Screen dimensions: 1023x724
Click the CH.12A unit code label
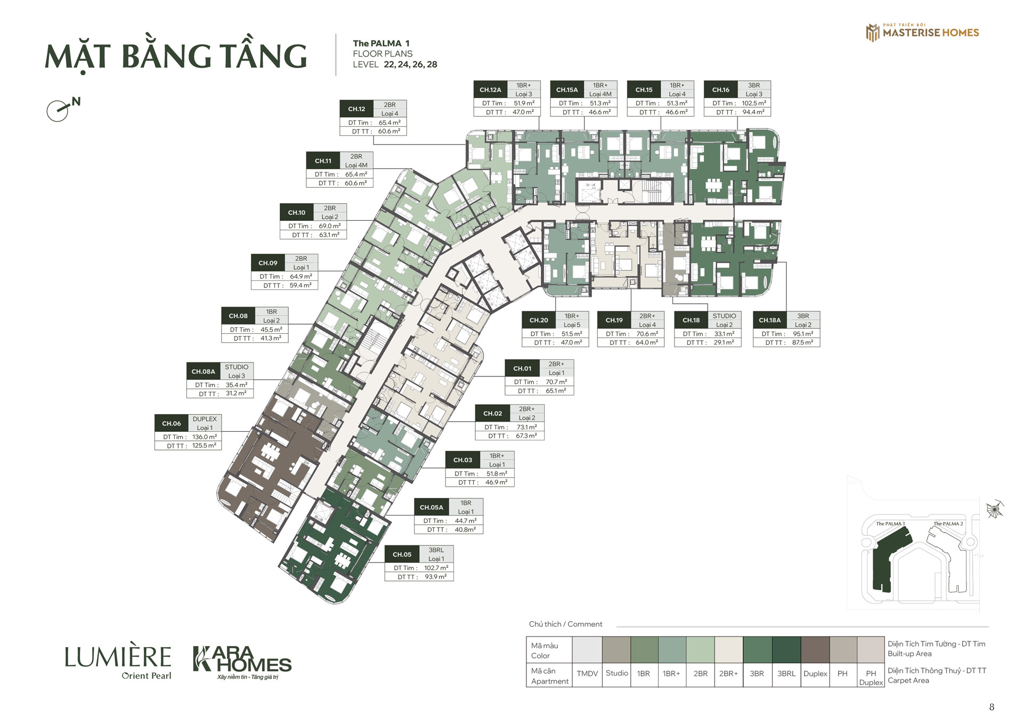tap(490, 90)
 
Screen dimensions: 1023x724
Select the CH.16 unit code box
tap(721, 90)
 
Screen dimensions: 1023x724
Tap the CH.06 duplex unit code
tap(172, 423)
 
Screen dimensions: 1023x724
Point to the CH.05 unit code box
tap(402, 554)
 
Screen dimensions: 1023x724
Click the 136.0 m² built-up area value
tap(205, 437)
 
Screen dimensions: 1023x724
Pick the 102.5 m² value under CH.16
tap(754, 103)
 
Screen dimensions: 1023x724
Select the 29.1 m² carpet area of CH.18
tap(724, 343)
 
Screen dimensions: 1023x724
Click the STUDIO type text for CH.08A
tap(237, 367)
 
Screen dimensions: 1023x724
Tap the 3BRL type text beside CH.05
tap(436, 550)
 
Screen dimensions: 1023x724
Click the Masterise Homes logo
tap(922, 32)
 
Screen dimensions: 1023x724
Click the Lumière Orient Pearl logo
tap(118, 663)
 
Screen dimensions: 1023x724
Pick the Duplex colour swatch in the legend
tap(815, 649)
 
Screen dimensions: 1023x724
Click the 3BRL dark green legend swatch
tap(786, 649)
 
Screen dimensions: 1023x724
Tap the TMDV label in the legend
tap(587, 673)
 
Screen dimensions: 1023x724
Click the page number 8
tap(992, 707)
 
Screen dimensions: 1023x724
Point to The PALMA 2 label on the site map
tap(948, 524)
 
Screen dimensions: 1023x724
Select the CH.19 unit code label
tap(614, 320)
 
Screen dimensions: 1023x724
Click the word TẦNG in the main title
tap(264, 55)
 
